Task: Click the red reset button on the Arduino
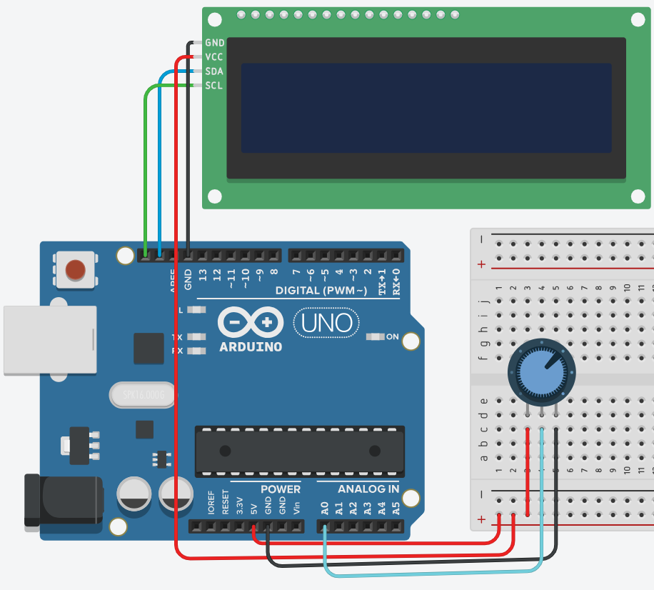(76, 270)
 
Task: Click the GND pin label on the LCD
(214, 43)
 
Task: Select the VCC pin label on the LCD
(214, 57)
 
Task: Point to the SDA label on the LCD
(214, 71)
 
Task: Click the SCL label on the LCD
(214, 86)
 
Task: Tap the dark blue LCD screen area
(426, 108)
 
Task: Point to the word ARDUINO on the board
(251, 347)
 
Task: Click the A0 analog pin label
(325, 509)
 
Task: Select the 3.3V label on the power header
(240, 506)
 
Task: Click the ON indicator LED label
(393, 336)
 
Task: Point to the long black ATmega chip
(300, 451)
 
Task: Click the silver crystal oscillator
(143, 394)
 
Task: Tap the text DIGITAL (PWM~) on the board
(321, 291)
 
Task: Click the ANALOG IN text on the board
(368, 489)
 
